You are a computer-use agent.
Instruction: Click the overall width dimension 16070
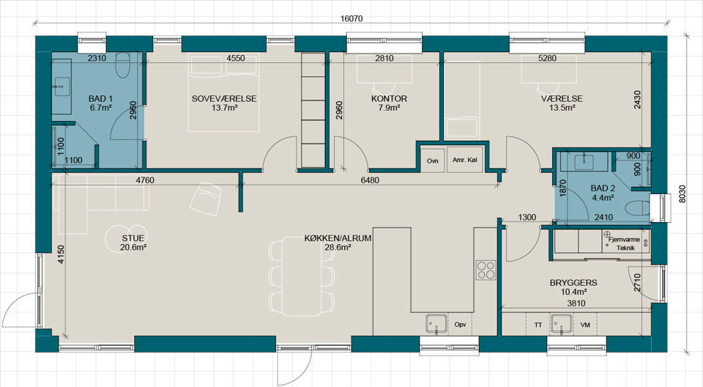point(351,18)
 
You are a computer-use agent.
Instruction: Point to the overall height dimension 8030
point(682,194)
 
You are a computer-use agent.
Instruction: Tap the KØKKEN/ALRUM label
point(338,238)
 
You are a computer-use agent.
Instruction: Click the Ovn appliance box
point(432,161)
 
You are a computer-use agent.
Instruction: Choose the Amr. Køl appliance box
point(465,161)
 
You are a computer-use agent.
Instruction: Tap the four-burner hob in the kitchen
point(486,270)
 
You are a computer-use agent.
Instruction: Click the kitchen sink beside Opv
point(436,324)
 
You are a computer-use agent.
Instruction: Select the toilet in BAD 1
point(122,65)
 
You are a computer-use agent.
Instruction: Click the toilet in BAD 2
point(636,209)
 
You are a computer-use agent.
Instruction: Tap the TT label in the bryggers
point(538,325)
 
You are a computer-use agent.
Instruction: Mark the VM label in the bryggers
point(584,325)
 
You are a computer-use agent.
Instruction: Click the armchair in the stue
point(205,199)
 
